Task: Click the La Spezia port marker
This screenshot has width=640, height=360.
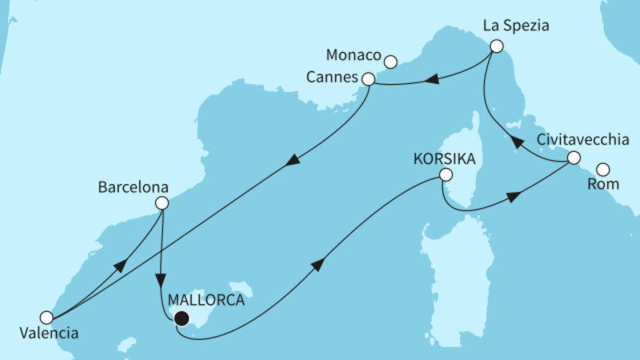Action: tap(496, 46)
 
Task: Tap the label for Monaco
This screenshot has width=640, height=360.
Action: tap(353, 56)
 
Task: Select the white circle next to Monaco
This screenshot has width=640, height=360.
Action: tap(390, 61)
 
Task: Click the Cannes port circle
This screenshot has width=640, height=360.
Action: tap(368, 79)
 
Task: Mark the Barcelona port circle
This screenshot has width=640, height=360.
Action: tap(162, 203)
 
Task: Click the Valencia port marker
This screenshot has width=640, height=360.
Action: tap(46, 317)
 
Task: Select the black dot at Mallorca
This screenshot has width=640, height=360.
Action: tap(182, 318)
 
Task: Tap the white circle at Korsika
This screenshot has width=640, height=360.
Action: tap(446, 175)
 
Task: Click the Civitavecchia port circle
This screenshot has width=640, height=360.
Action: tap(573, 158)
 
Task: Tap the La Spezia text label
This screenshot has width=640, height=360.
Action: tap(515, 25)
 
